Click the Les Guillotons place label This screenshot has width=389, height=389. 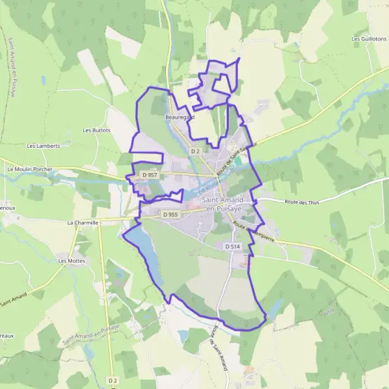click(x=368, y=39)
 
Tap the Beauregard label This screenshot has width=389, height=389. click(x=180, y=117)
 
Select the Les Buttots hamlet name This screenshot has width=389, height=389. click(x=97, y=130)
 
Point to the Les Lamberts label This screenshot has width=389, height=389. click(x=43, y=146)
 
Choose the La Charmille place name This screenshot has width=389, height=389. click(x=82, y=222)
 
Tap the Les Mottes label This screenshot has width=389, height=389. click(x=71, y=261)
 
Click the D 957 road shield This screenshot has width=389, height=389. click(x=150, y=175)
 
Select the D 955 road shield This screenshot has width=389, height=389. click(x=171, y=215)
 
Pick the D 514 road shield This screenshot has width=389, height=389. click(x=233, y=247)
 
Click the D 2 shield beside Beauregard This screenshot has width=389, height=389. click(x=195, y=151)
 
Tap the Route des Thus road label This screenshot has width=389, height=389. click(x=303, y=202)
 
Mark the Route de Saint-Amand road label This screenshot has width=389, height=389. click(x=218, y=347)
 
